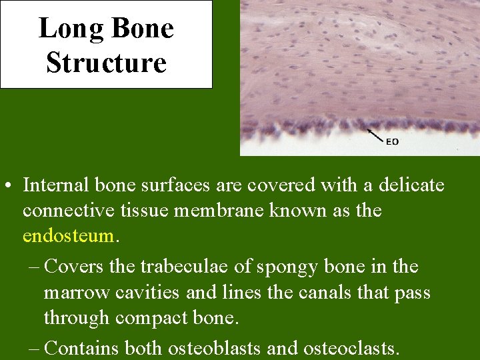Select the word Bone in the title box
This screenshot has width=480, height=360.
142,29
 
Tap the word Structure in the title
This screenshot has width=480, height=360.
106,63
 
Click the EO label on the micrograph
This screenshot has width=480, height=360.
393,141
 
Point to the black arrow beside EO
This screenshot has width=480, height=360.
375,135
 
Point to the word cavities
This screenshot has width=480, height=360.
146,293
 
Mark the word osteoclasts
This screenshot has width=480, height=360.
351,347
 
